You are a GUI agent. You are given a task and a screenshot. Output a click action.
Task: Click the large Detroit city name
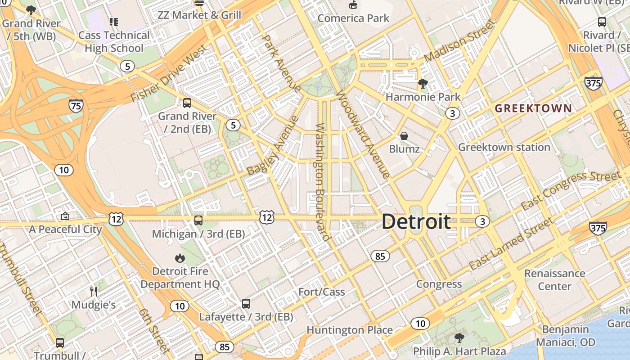(x=416, y=221)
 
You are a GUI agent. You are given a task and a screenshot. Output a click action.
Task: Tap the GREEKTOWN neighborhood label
(x=533, y=108)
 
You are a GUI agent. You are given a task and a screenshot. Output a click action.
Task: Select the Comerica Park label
(x=353, y=18)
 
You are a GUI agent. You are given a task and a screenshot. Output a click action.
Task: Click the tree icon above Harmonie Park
(x=423, y=83)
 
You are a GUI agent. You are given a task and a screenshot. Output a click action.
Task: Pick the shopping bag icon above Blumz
(x=404, y=135)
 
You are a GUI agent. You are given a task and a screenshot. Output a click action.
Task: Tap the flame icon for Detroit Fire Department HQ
(x=180, y=258)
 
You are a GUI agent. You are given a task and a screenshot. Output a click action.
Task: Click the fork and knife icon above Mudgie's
(x=94, y=291)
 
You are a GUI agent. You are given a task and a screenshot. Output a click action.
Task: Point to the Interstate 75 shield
(x=76, y=106)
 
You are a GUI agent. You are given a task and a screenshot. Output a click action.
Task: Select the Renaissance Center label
(x=554, y=280)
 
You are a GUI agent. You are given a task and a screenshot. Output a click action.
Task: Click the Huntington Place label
(x=350, y=330)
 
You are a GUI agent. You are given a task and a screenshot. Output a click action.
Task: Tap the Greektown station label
(x=504, y=147)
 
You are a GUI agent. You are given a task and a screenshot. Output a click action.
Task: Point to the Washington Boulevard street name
(x=323, y=182)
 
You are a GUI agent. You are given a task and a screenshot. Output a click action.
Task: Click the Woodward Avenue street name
(x=363, y=135)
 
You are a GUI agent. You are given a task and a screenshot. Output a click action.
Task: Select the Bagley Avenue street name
(x=273, y=145)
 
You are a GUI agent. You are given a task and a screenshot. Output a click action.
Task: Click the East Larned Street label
(x=511, y=244)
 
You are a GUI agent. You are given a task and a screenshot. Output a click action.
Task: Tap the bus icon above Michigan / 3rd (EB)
(x=198, y=220)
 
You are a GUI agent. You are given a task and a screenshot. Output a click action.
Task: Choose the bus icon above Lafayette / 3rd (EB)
(x=246, y=303)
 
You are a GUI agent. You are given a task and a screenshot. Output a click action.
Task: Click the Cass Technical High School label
(x=114, y=42)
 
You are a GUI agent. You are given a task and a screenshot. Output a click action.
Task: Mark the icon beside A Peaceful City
(x=65, y=216)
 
